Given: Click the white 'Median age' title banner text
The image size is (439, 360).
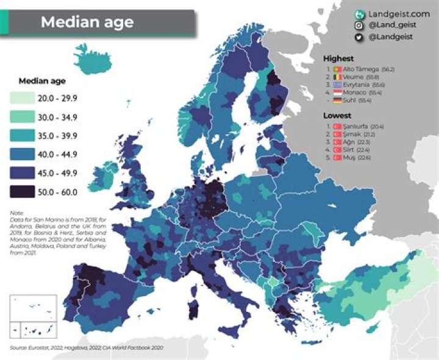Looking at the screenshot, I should pyautogui.click(x=87, y=23).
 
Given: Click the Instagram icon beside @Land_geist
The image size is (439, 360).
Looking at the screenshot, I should pyautogui.click(x=359, y=25).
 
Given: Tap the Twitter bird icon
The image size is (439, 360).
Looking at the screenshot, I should pyautogui.click(x=359, y=37).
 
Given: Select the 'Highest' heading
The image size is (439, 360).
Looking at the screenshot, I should pyautogui.click(x=338, y=58).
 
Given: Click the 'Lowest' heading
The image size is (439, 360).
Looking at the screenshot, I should pyautogui.click(x=337, y=115).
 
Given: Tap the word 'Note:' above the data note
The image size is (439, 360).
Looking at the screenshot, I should pyautogui.click(x=16, y=213).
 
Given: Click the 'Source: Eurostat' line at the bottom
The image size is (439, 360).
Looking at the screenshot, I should pyautogui.click(x=85, y=348).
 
